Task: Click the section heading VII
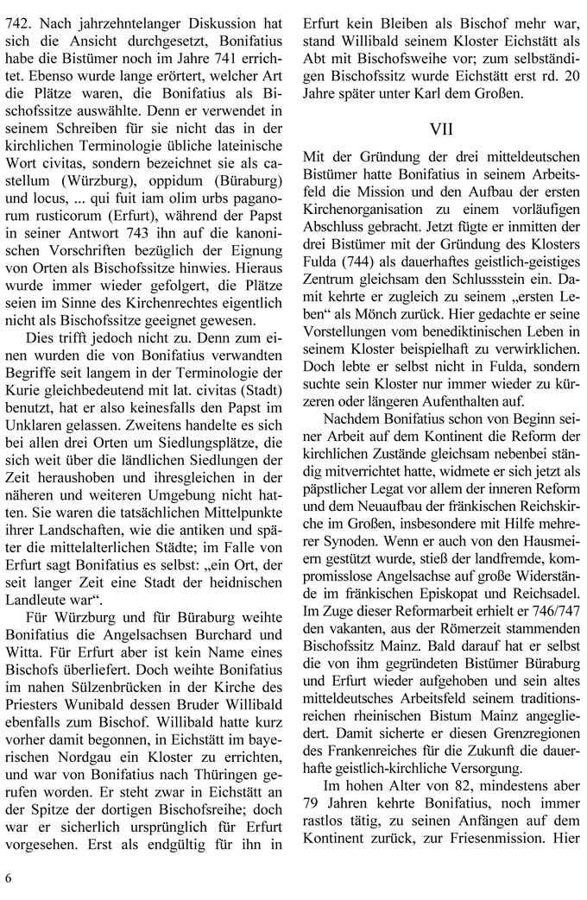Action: (443, 129)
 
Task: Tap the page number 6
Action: (9, 878)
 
